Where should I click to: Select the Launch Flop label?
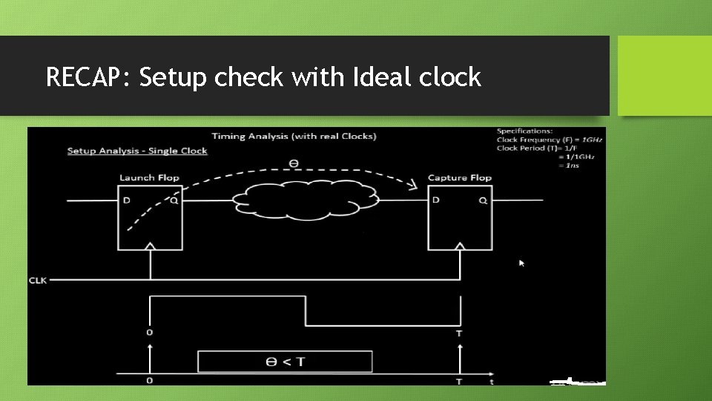(x=149, y=177)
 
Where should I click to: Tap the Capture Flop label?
(x=460, y=177)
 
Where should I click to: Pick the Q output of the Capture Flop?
(x=483, y=200)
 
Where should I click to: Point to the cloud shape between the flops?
(x=305, y=199)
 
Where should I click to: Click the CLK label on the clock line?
(x=38, y=280)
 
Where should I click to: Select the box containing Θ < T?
(x=285, y=362)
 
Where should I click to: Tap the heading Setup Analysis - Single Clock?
(x=137, y=151)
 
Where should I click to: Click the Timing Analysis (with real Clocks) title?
(x=294, y=136)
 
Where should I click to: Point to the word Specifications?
(x=524, y=131)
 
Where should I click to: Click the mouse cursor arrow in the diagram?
(x=521, y=262)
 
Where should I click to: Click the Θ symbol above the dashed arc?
(x=294, y=163)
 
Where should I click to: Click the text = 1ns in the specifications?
(x=570, y=165)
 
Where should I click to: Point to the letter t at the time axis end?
(x=491, y=381)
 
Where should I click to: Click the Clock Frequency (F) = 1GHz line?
(x=550, y=140)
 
